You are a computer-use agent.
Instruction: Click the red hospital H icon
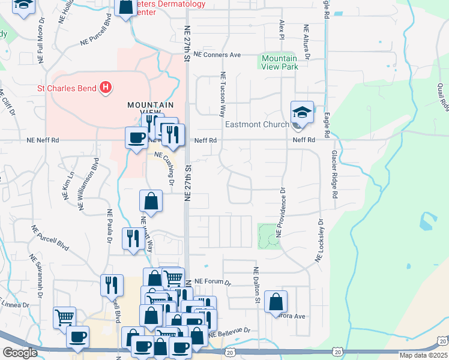[106, 88]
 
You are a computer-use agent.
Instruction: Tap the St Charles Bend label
[67, 88]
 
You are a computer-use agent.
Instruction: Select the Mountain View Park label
[279, 62]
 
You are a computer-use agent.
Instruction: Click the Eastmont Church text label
[257, 125]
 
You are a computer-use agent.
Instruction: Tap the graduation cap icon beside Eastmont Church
[302, 113]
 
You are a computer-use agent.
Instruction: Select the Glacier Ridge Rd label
[334, 174]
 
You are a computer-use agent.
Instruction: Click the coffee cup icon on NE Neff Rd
[136, 139]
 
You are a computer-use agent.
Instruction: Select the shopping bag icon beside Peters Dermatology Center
[126, 7]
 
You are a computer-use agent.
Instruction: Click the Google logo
[20, 353]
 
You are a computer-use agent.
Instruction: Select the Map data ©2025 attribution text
[423, 355]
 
